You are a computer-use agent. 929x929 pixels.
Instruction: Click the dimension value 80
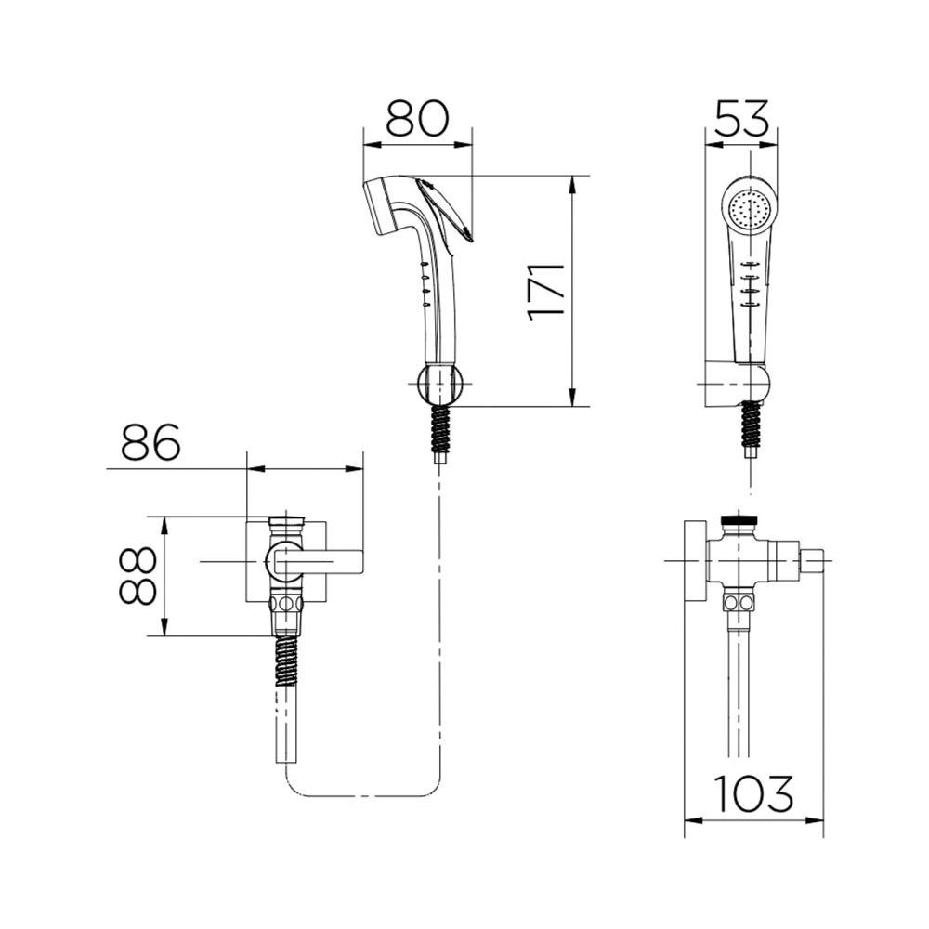418,119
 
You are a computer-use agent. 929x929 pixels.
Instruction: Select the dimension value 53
742,119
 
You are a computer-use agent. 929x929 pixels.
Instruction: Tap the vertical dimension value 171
547,291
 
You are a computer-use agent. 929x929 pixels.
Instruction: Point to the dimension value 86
150,442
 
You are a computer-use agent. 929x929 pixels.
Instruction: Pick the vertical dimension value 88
137,575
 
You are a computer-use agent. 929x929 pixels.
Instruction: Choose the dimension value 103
753,793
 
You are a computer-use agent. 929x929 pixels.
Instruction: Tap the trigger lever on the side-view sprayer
446,210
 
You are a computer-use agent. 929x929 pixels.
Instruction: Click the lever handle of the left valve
318,560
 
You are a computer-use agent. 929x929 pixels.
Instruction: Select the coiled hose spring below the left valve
287,661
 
